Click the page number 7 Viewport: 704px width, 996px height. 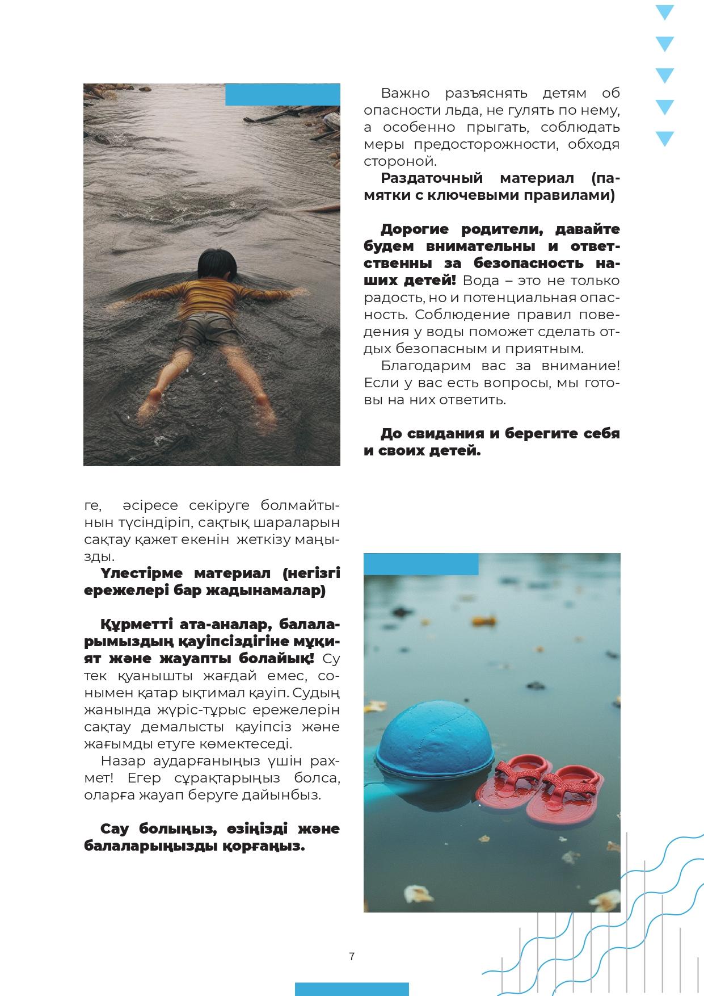[352, 956]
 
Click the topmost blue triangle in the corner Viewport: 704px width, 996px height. [664, 12]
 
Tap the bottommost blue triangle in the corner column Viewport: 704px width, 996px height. [664, 139]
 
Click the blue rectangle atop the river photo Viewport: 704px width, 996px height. [283, 95]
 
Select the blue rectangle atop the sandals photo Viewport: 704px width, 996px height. [421, 564]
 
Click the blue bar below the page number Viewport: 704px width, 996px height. [352, 989]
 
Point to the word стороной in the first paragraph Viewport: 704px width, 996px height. [400, 161]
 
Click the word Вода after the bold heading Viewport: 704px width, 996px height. [481, 281]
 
